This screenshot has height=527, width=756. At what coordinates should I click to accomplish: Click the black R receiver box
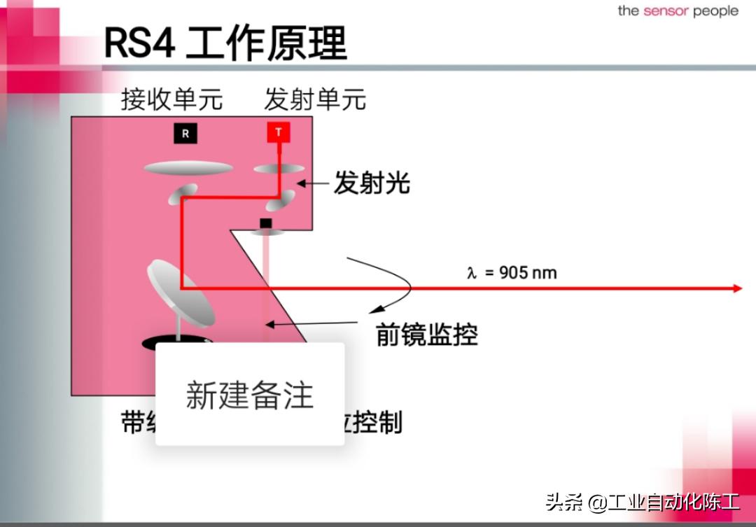(185, 133)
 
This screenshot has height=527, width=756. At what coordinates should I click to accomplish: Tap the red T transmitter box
(278, 132)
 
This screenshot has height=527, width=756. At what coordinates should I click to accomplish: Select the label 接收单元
(171, 99)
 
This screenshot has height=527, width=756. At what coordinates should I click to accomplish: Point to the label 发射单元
(314, 99)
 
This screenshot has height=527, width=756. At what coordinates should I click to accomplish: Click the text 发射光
(371, 183)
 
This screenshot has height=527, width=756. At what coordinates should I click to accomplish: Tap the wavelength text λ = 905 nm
(512, 273)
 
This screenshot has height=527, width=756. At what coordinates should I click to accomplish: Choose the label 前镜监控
(427, 335)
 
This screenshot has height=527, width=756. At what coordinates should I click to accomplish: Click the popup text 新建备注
(249, 395)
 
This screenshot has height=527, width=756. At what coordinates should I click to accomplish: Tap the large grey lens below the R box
(188, 168)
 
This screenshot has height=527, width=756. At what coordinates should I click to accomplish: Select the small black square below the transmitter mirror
(265, 223)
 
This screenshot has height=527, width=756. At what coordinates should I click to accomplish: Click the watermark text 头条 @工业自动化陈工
(642, 502)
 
